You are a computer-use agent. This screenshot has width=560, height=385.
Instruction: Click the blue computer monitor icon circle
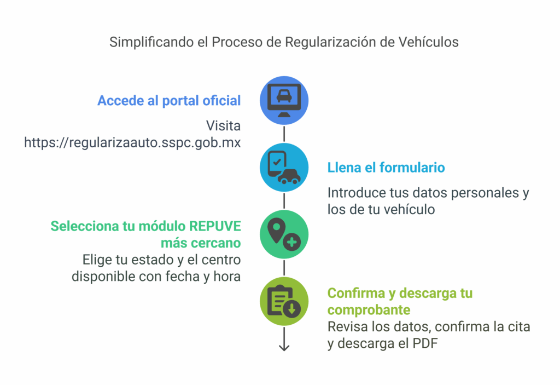(284, 101)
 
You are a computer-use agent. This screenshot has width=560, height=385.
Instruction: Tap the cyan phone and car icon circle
(284, 168)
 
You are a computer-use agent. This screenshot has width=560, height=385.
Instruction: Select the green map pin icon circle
(284, 234)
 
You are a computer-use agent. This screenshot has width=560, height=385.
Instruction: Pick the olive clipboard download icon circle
(284, 302)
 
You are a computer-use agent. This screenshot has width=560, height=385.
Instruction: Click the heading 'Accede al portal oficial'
(169, 101)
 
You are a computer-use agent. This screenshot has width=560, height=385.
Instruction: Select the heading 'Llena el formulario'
(386, 168)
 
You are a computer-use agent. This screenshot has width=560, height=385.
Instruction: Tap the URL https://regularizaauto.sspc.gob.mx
(132, 142)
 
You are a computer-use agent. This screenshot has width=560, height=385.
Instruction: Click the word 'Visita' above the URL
(223, 125)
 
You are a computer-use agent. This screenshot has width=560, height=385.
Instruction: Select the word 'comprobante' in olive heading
(369, 310)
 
